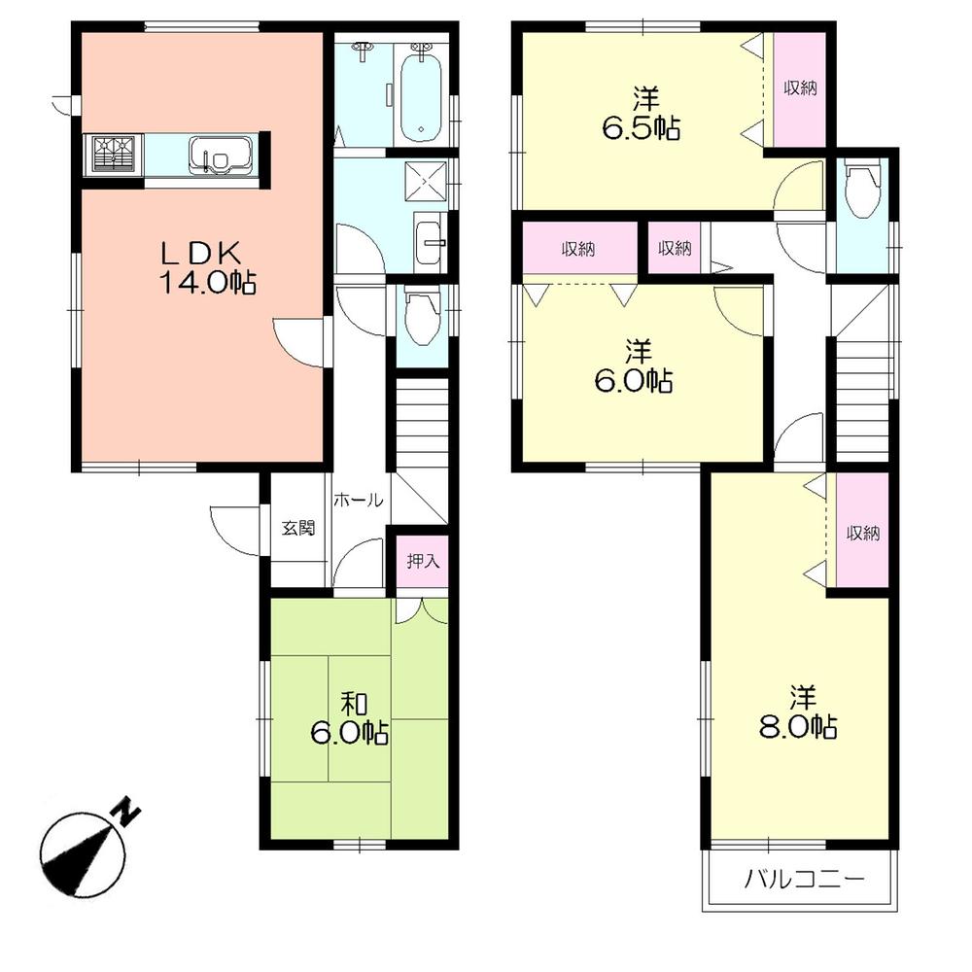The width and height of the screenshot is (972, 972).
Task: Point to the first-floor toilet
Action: coord(420,318)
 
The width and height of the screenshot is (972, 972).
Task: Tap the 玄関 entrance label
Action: coord(298,529)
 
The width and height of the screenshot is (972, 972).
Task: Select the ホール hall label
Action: coord(358,501)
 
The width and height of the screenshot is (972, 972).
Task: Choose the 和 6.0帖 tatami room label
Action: coord(350,719)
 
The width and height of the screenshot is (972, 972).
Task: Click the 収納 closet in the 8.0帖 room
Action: coord(861,533)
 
